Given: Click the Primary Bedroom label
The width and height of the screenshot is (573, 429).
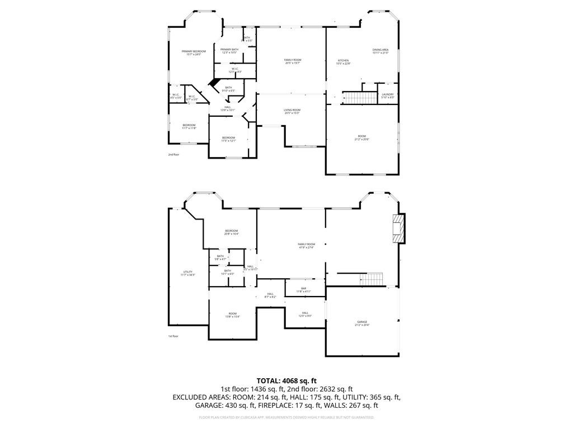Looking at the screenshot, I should pyautogui.click(x=194, y=53).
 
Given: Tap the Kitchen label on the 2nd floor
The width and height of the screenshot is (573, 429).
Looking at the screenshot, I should pyautogui.click(x=343, y=62).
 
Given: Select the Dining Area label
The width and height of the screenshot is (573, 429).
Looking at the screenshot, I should pyautogui.click(x=381, y=51).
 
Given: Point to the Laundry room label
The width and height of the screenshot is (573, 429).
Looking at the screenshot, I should pyautogui.click(x=387, y=96).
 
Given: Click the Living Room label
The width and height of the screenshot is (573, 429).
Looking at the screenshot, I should pyautogui.click(x=292, y=112).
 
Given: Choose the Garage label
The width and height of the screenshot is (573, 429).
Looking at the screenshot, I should pyautogui.click(x=363, y=323).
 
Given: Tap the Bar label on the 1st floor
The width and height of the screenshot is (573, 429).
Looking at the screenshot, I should pyautogui.click(x=303, y=290).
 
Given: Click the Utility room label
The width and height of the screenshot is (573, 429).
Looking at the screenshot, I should pyautogui.click(x=187, y=274).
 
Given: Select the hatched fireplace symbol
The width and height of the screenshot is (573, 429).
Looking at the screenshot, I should pyautogui.click(x=398, y=229).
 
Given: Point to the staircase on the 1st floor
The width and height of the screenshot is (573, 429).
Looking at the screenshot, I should pyautogui.click(x=372, y=279).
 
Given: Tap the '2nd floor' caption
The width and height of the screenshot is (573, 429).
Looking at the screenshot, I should pyautogui.click(x=173, y=154).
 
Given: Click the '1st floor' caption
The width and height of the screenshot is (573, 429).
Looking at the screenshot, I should pyautogui.click(x=173, y=336).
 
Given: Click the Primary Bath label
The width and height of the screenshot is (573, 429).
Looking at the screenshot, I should pyautogui.click(x=229, y=51).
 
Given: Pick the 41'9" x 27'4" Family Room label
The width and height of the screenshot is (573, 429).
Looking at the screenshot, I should pyautogui.click(x=306, y=246).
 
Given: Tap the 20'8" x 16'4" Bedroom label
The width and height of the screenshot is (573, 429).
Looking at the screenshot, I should pyautogui.click(x=232, y=232).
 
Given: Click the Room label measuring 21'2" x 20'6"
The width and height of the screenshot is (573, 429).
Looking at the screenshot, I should pyautogui.click(x=363, y=137).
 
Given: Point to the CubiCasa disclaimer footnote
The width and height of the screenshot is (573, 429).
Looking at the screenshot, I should pyautogui.click(x=286, y=417).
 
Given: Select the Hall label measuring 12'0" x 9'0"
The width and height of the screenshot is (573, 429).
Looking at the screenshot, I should pyautogui.click(x=305, y=314).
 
